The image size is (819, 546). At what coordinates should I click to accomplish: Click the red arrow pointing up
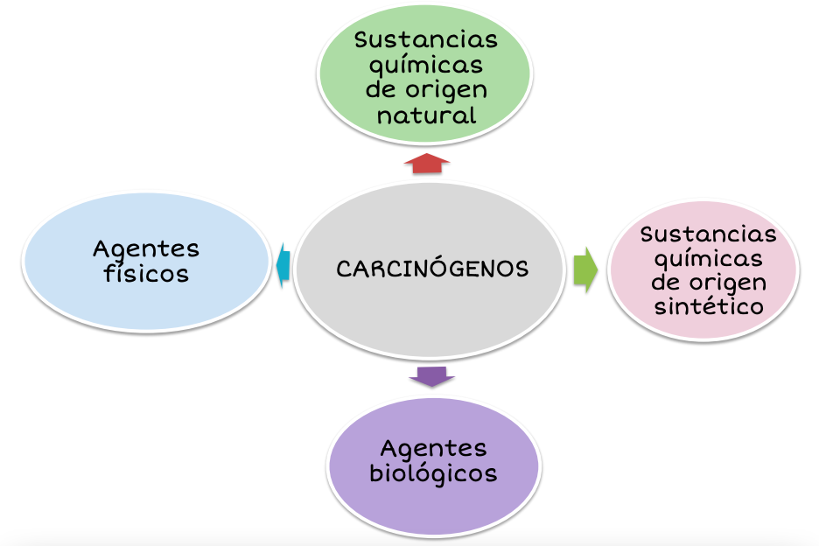coord(426,164)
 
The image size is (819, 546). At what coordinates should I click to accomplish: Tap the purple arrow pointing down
coord(432,376)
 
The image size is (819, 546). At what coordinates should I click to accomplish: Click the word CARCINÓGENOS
coord(432,269)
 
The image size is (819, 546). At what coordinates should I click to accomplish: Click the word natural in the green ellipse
coord(426,115)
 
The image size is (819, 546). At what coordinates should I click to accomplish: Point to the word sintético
coord(709,306)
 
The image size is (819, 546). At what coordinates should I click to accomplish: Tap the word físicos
coord(146,274)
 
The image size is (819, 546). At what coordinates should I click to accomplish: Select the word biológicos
coord(433,473)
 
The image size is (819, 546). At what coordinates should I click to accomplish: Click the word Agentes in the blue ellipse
coord(146,248)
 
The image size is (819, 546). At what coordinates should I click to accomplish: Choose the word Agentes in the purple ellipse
coord(433,448)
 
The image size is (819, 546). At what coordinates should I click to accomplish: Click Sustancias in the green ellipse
coord(426,40)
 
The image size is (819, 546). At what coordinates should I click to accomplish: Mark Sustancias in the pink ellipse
coord(709,234)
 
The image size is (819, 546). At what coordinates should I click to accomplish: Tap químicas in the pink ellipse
coord(709,259)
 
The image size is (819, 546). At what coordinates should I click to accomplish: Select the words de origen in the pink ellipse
coord(709,283)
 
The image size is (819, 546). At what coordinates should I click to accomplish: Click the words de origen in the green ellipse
coord(426,90)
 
